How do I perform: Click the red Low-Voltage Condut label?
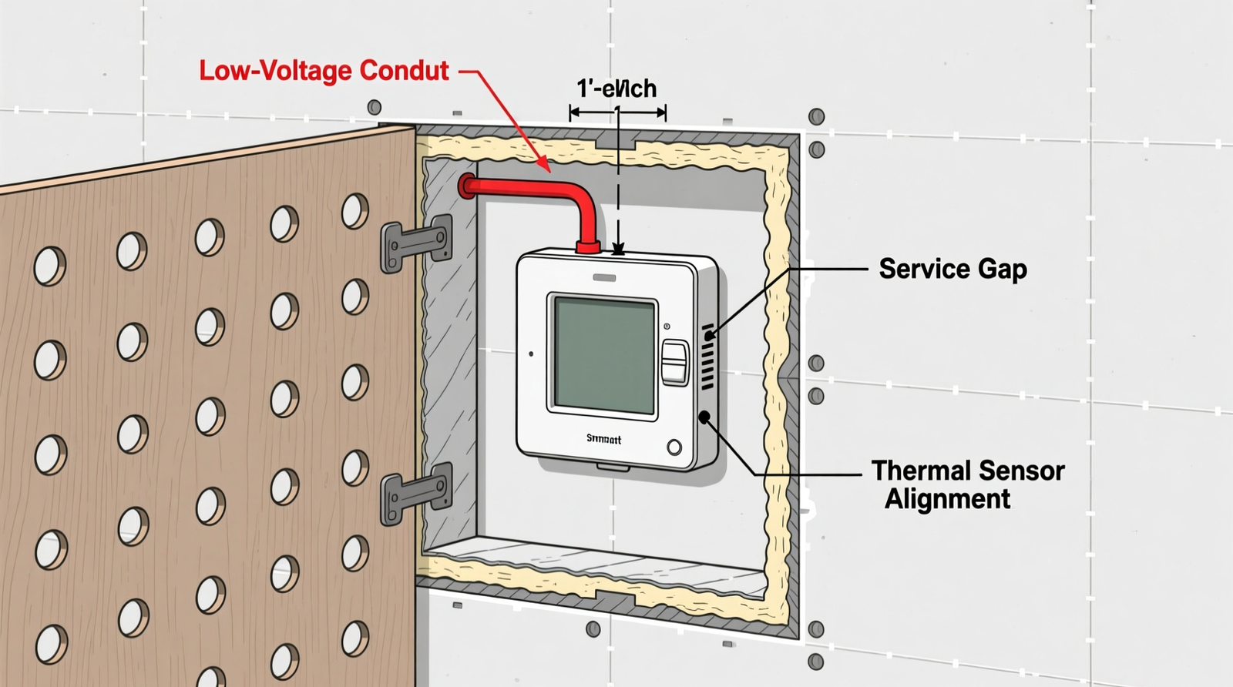pos(324,71)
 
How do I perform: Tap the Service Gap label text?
pos(952,269)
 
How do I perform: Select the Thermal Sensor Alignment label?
pos(967,484)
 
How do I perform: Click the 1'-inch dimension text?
pos(616,89)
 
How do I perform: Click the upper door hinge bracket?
pos(417,243)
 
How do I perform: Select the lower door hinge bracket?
pos(417,492)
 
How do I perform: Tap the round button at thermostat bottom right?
pos(674,447)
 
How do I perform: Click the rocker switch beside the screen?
pos(675,362)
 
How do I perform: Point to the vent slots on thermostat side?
pos(707,357)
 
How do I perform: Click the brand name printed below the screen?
pos(603,439)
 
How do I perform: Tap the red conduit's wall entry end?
pos(467,186)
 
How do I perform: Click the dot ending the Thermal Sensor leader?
pos(704,417)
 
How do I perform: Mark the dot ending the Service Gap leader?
pos(709,336)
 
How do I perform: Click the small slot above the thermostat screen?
pos(603,277)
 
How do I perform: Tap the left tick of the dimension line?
pos(571,113)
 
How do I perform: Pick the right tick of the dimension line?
pos(665,113)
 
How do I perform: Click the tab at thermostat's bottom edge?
pos(613,467)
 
